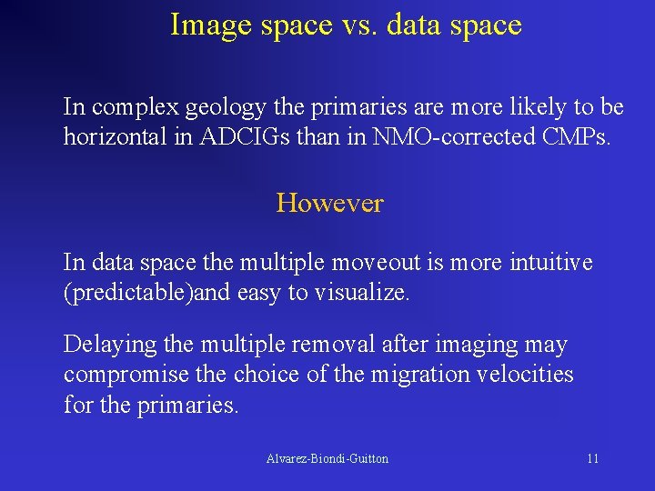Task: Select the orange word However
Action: [329, 203]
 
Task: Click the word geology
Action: [227, 107]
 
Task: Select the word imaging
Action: [470, 346]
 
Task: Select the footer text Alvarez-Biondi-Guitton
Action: [327, 458]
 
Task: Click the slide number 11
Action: [592, 458]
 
